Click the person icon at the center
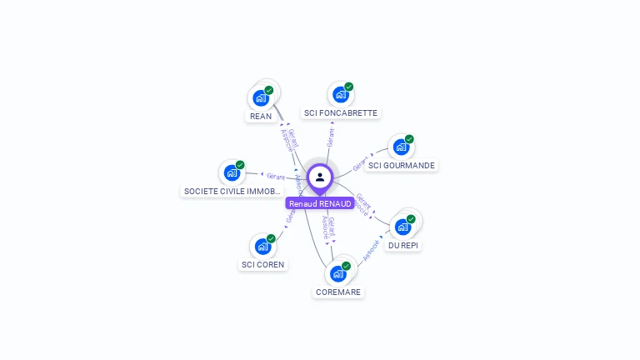(x=320, y=177)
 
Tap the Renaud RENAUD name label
(x=320, y=203)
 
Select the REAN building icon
(x=261, y=98)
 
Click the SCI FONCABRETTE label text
(x=341, y=112)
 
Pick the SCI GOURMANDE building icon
(x=401, y=147)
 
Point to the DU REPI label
(x=403, y=245)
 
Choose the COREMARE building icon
(x=338, y=273)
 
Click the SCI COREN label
(x=262, y=264)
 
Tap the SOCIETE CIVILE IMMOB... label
(x=232, y=191)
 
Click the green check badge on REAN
(x=269, y=90)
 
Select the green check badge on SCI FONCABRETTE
(x=349, y=87)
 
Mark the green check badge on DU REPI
(x=411, y=218)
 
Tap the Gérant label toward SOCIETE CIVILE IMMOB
(x=276, y=177)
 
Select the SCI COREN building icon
(x=262, y=247)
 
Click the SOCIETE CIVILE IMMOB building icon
(x=232, y=173)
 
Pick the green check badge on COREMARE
(x=346, y=266)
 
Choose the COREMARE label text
(x=338, y=292)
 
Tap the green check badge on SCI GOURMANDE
(x=409, y=139)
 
